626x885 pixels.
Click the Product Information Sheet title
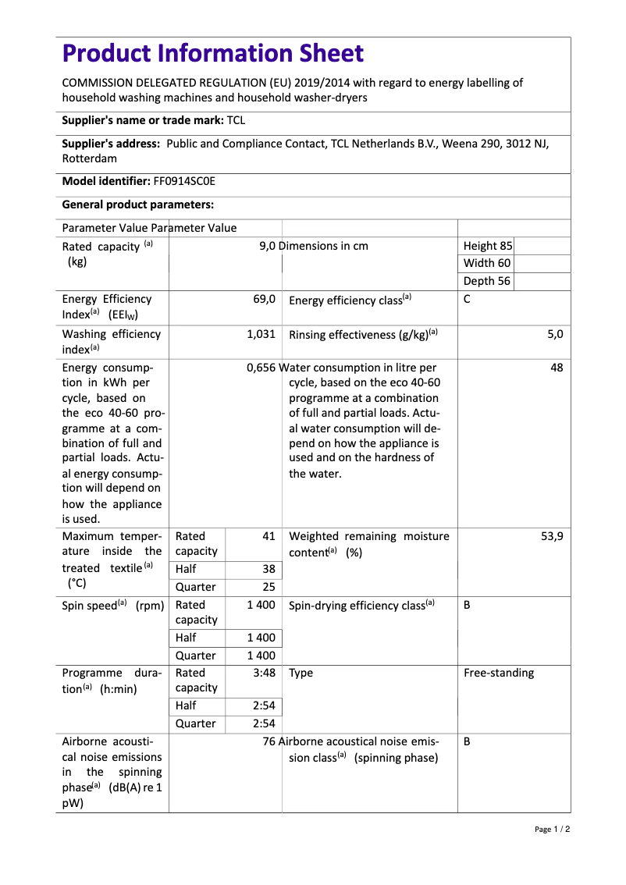[x=213, y=54]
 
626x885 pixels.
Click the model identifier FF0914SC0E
[x=184, y=181]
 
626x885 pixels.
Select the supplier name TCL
[x=236, y=120]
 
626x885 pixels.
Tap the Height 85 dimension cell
[x=488, y=246]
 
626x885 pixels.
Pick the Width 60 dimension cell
[x=487, y=263]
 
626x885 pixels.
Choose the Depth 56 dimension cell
[x=487, y=281]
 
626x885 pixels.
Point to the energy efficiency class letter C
[x=467, y=299]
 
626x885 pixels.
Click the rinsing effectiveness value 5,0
[x=554, y=334]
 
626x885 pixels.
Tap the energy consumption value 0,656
[x=261, y=368]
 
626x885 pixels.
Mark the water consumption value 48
[x=556, y=368]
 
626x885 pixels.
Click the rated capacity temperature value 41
[x=269, y=536]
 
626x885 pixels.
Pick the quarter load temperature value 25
[x=269, y=587]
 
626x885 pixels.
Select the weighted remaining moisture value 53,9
[x=552, y=536]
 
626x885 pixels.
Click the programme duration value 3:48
[x=264, y=673]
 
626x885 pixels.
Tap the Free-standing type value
[x=499, y=673]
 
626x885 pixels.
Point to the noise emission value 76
[x=269, y=741]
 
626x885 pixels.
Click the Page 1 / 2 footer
[x=552, y=829]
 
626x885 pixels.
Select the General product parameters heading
[x=138, y=204]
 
